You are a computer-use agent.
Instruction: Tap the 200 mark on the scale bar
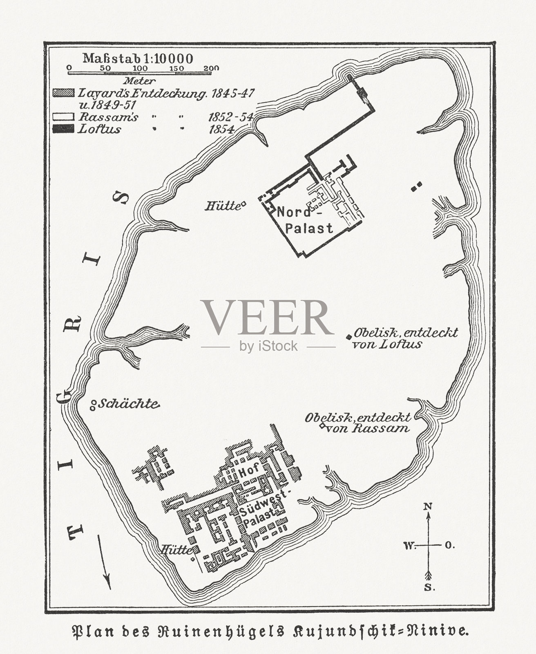(x=211, y=68)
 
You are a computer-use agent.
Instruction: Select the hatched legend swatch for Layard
(x=63, y=93)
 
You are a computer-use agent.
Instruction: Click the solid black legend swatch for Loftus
(x=63, y=129)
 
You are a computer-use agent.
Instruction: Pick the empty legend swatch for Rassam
(x=63, y=117)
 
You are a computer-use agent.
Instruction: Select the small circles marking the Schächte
(x=93, y=405)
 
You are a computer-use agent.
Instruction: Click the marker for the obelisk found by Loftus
(x=348, y=337)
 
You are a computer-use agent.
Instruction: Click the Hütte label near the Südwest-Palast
(x=176, y=550)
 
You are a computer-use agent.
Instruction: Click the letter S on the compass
(x=429, y=588)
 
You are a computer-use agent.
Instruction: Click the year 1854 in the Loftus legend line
(x=221, y=130)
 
